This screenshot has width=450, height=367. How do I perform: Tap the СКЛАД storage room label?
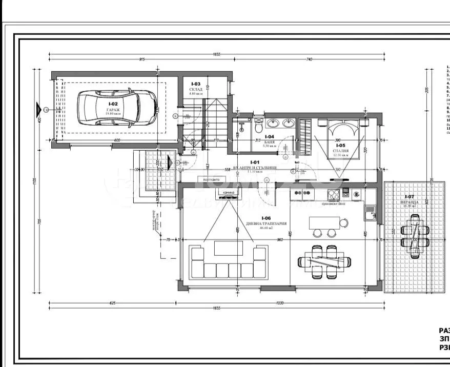196,89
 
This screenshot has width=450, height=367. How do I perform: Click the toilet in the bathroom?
258,125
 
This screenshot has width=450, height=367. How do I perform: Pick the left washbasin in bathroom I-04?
273,124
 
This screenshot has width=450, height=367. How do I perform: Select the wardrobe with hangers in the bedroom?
305,134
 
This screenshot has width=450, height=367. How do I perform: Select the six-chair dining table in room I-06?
325,261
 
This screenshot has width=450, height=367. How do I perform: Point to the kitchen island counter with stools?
324,223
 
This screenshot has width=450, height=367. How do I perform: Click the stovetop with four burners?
334,194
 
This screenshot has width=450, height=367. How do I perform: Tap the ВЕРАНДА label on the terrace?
411,202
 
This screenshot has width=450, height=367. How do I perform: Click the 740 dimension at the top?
309,60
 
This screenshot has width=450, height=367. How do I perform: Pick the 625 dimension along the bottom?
112,303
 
